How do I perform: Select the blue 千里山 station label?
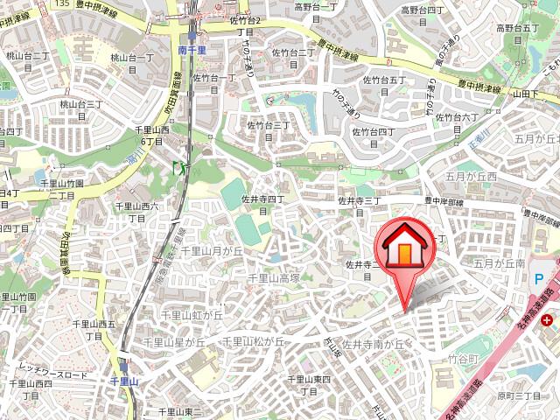coord(124,382)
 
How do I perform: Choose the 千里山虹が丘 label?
coord(192,314)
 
